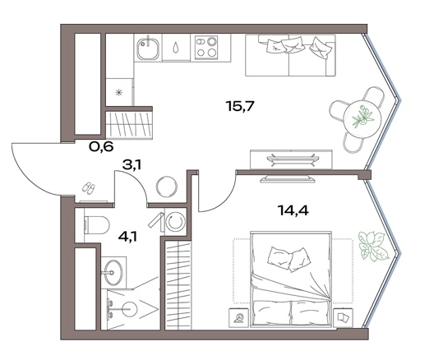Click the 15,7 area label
click(241, 107)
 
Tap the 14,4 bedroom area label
click(293, 210)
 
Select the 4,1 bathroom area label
click(127, 237)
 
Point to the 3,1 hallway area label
click(132, 164)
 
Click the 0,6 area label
click(101, 146)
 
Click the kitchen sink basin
click(148, 48)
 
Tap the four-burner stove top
click(206, 47)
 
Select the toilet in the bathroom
click(96, 225)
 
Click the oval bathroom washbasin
click(113, 272)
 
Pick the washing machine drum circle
click(176, 221)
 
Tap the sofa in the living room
click(290, 55)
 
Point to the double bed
click(291, 279)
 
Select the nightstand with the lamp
click(238, 318)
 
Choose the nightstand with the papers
click(344, 318)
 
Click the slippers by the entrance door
click(89, 188)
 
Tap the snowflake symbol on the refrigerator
click(119, 92)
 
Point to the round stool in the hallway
click(168, 187)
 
